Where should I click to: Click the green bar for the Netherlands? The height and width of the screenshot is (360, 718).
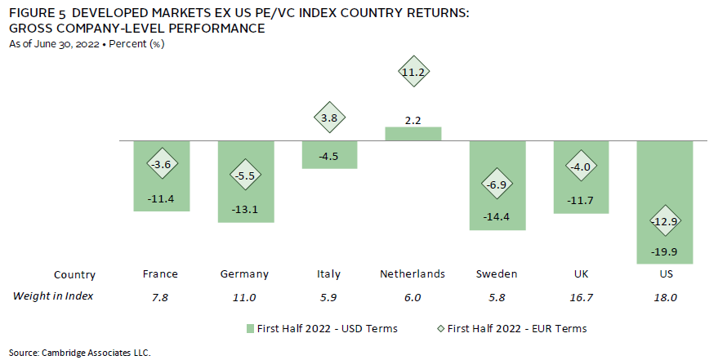(413, 133)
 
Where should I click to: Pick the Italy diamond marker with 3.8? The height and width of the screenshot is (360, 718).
(329, 118)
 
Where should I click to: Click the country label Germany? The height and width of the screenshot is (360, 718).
(244, 274)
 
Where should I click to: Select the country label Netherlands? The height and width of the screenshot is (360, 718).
(413, 274)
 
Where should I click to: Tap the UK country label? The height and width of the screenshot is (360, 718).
(581, 274)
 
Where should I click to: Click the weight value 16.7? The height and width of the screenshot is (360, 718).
(581, 296)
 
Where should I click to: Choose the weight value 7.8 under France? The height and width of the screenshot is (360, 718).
(161, 296)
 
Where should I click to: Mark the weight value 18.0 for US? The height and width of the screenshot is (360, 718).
(664, 296)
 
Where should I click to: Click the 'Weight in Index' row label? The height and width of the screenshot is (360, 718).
(53, 296)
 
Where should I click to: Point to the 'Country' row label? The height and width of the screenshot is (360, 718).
(74, 275)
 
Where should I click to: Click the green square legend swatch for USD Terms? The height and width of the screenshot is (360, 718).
(252, 328)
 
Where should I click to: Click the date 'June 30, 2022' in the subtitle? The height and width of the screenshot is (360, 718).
(56, 43)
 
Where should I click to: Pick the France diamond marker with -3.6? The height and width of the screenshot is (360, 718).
(161, 164)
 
